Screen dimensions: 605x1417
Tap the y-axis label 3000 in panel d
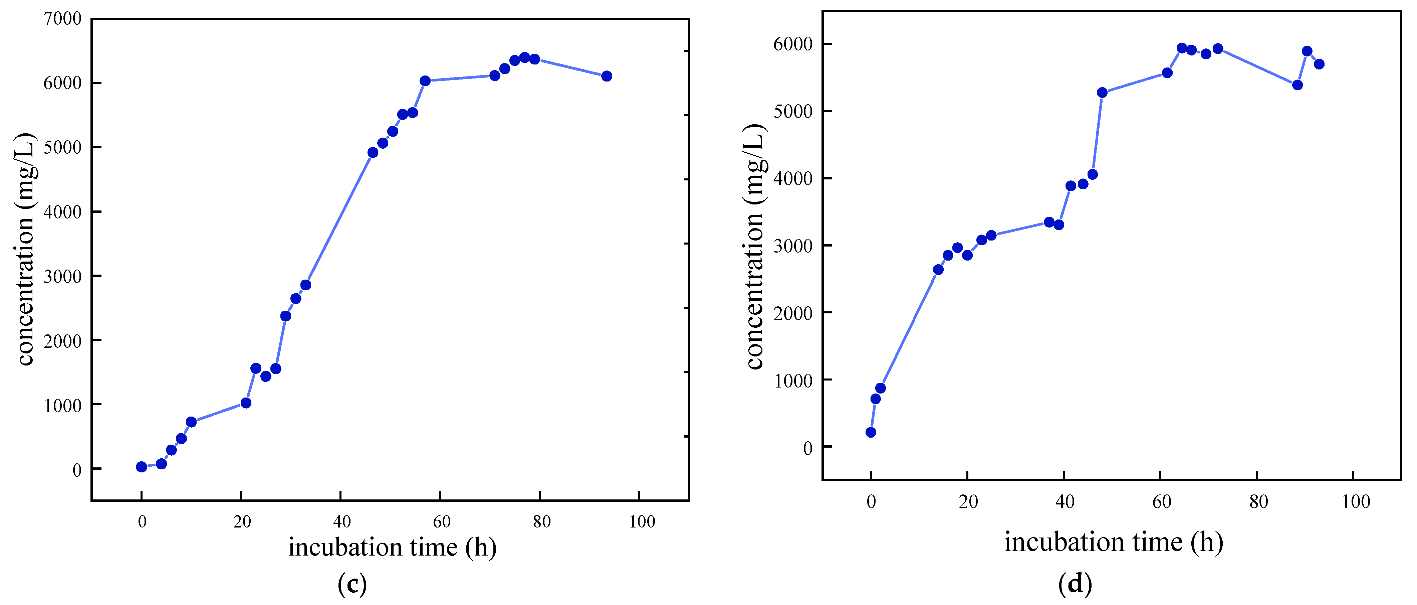click(793, 246)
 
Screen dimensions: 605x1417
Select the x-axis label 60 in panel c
click(441, 521)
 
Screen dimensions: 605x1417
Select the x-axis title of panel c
click(392, 547)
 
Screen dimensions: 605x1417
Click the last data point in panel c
click(607, 76)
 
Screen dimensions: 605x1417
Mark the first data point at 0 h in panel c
click(142, 467)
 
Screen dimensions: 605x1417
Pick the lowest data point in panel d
click(871, 432)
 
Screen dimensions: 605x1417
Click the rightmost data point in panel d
click(1319, 64)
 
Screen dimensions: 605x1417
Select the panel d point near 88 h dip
click(1297, 85)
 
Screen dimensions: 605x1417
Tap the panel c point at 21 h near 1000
click(246, 403)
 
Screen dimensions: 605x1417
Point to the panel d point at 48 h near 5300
click(1102, 93)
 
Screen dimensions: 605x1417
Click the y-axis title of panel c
click(25, 249)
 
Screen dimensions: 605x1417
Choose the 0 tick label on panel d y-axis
click(807, 448)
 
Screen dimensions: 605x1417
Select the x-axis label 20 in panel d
click(968, 501)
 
